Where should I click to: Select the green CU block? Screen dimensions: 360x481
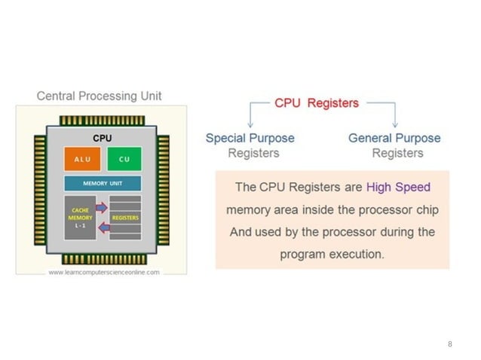click(124, 159)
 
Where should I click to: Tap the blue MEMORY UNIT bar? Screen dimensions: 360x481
click(103, 184)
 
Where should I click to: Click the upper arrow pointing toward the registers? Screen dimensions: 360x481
click(101, 206)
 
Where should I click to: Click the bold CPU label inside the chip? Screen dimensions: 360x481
click(102, 139)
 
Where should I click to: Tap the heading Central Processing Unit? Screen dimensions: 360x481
click(100, 96)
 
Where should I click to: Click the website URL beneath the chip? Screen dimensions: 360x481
click(104, 272)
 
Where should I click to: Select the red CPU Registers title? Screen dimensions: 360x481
click(317, 103)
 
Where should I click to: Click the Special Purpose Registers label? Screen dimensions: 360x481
click(250, 145)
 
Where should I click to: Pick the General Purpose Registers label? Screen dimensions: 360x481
click(394, 145)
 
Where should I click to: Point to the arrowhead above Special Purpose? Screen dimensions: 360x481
click(250, 125)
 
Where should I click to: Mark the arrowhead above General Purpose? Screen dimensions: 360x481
click(395, 125)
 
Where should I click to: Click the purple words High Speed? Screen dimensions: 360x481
click(398, 187)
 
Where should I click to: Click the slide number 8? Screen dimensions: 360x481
click(450, 344)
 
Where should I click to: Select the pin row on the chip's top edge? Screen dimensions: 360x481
click(102, 120)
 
